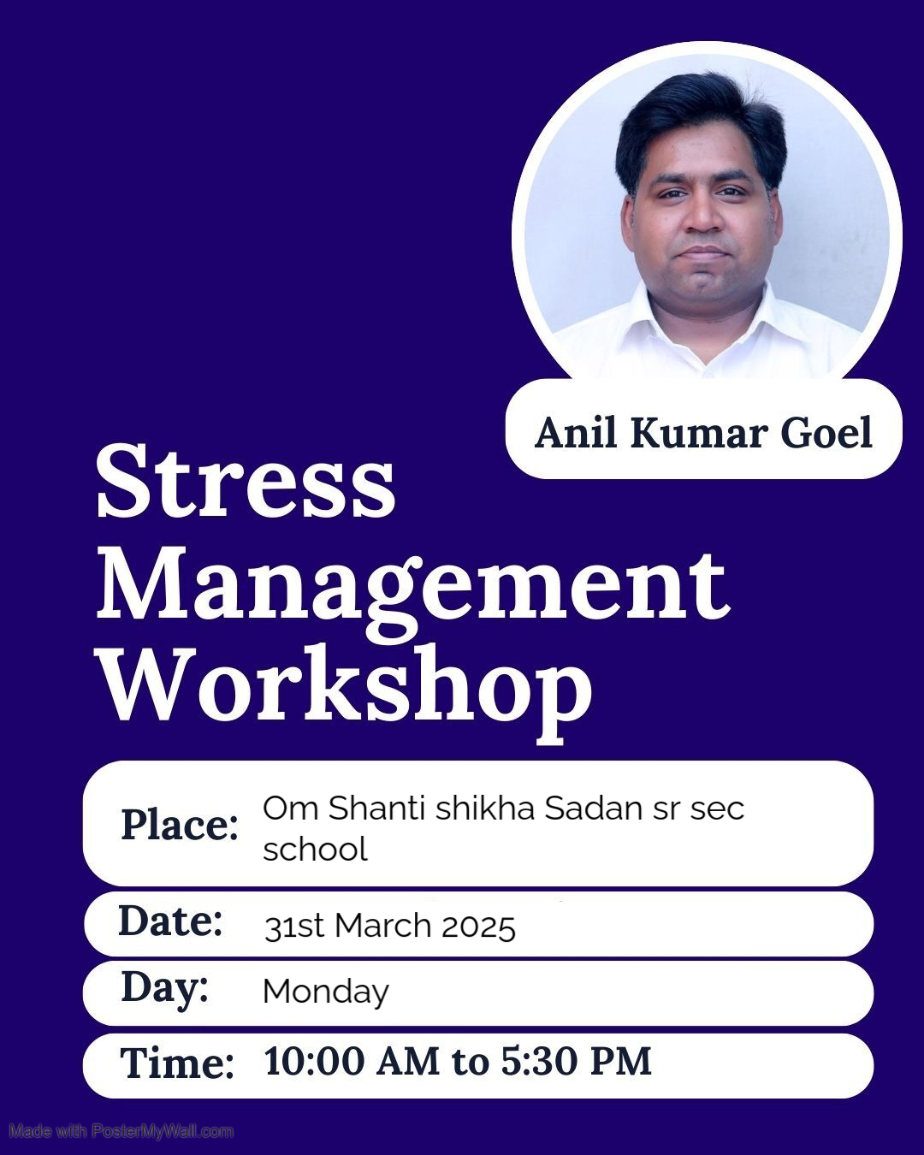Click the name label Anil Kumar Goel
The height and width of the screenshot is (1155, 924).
[703, 433]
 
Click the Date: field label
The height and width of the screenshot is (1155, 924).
[171, 921]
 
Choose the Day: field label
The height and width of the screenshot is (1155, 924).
[165, 987]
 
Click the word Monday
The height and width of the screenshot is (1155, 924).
[326, 992]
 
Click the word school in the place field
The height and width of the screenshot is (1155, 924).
[315, 849]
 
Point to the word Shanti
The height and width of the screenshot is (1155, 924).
[377, 808]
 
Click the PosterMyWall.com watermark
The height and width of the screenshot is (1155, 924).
[121, 1132]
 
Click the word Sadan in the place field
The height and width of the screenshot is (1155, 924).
[593, 808]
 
